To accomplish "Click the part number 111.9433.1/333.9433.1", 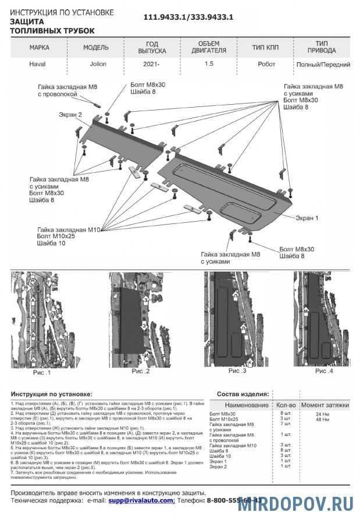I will tap(188, 17).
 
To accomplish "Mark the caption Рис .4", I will tap(324, 371).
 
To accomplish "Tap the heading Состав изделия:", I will tap(242, 394).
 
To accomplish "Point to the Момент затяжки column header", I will tap(325, 405).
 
